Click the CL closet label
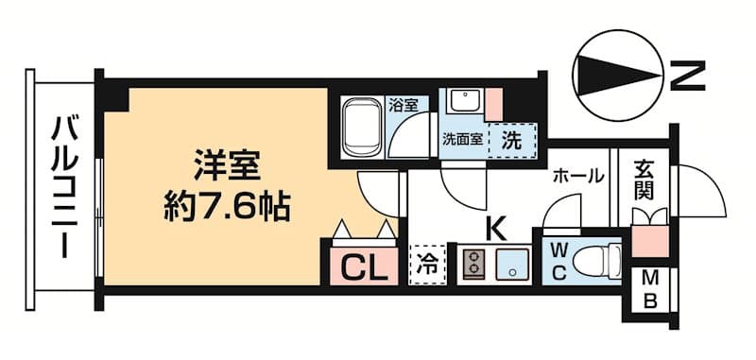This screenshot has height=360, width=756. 364,268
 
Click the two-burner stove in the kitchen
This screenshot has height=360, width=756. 472,265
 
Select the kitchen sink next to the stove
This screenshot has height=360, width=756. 510,265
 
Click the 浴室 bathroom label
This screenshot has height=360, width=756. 404,106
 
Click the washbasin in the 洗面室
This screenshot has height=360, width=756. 465,102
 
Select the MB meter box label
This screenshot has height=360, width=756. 651,290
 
